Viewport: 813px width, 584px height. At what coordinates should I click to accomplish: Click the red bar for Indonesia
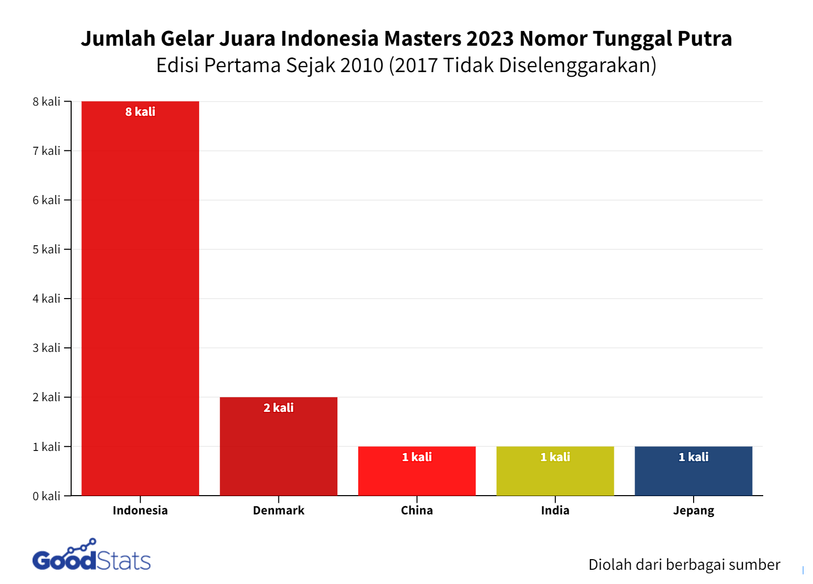click(140, 300)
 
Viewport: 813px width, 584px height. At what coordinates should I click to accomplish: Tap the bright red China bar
click(417, 475)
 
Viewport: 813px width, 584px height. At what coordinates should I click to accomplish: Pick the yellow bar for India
click(555, 475)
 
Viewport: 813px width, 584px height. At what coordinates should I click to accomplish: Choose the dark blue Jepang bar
click(693, 475)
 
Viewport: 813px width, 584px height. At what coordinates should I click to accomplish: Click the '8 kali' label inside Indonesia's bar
click(140, 112)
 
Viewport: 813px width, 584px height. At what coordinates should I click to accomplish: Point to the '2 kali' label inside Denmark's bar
click(278, 408)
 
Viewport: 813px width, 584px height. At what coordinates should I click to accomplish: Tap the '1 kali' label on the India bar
click(555, 457)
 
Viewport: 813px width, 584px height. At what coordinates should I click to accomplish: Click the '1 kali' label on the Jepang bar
click(693, 457)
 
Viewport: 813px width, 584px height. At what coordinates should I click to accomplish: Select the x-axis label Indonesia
click(140, 510)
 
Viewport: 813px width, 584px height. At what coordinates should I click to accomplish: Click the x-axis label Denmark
click(278, 510)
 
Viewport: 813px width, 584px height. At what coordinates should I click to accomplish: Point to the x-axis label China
click(417, 510)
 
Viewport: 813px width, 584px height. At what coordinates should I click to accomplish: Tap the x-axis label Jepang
click(693, 511)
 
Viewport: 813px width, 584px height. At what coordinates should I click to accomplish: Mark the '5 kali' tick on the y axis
click(46, 249)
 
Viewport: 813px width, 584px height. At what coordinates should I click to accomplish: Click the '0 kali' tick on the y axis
click(46, 496)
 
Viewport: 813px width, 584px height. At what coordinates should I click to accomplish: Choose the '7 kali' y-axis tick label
click(46, 151)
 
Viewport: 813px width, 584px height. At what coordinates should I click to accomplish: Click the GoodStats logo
click(91, 556)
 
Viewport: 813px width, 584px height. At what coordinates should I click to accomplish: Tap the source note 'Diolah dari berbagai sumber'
click(684, 565)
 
